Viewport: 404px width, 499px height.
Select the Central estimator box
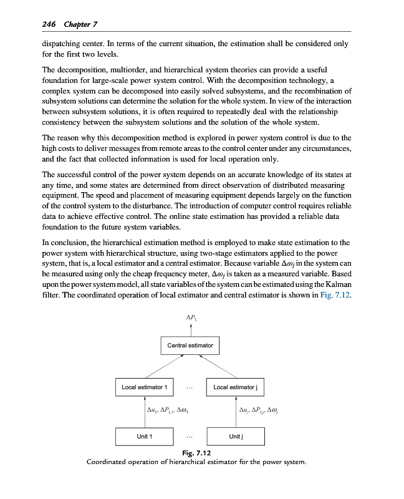tap(190, 345)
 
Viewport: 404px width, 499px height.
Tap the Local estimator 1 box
tap(144, 387)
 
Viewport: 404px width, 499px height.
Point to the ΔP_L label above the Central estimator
tap(191, 320)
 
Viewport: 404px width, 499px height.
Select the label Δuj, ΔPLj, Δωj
tap(262, 410)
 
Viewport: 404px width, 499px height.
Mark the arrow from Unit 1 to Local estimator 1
tap(143, 412)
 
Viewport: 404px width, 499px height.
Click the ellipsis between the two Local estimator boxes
tap(190, 387)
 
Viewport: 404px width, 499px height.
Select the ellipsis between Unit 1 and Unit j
tap(190, 436)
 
